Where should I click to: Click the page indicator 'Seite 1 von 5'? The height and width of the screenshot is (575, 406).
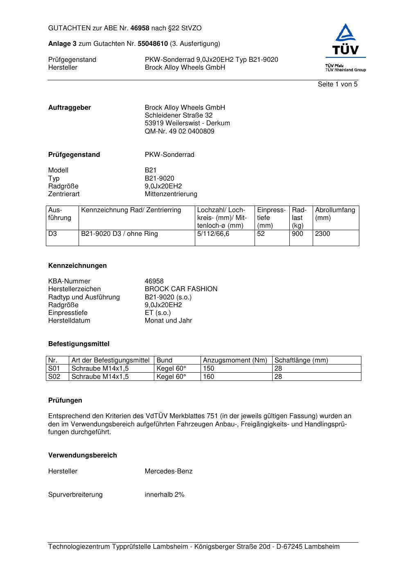tap(337, 84)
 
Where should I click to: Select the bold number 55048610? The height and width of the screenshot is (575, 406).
tap(153, 44)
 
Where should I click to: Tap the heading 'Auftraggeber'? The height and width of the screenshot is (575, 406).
tap(70, 108)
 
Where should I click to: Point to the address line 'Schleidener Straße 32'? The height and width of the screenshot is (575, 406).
tap(178, 115)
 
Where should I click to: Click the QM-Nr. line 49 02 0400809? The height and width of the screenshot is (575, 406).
tap(179, 131)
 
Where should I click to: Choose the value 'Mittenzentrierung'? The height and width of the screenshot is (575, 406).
tap(171, 194)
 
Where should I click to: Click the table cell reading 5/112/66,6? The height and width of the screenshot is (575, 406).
tap(213, 234)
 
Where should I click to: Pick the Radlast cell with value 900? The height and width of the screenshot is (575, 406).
tap(298, 234)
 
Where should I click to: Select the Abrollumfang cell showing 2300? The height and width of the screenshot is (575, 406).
tap(323, 234)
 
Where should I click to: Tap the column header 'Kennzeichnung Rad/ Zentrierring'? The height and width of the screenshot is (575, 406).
tap(131, 210)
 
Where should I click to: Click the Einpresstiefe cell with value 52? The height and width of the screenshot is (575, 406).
tap(261, 234)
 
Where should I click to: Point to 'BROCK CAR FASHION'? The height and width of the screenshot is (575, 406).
tap(181, 289)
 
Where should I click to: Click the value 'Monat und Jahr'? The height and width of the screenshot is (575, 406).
tap(168, 321)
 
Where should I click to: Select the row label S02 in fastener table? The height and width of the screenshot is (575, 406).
tap(54, 377)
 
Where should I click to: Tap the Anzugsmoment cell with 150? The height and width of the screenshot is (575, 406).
tap(209, 369)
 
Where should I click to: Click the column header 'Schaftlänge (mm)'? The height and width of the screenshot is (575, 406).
tap(301, 360)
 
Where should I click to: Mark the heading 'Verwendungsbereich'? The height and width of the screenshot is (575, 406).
tap(83, 455)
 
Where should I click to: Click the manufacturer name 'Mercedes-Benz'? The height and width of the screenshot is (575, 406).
tap(168, 471)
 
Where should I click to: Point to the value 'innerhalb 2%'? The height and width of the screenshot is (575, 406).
tap(165, 495)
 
